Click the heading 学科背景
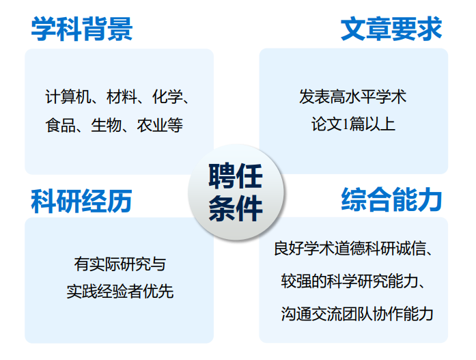click(82, 29)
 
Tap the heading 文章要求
click(391, 29)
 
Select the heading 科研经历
click(81, 201)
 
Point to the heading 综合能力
click(391, 199)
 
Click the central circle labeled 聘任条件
click(236, 192)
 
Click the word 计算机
click(68, 97)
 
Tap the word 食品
click(60, 125)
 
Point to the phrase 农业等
click(160, 125)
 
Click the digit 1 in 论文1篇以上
click(345, 124)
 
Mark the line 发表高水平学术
click(353, 97)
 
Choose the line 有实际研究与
click(120, 264)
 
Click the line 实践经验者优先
click(120, 292)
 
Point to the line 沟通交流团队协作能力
click(357, 314)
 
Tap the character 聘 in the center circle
click(222, 176)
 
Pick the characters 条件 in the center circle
click(236, 208)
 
